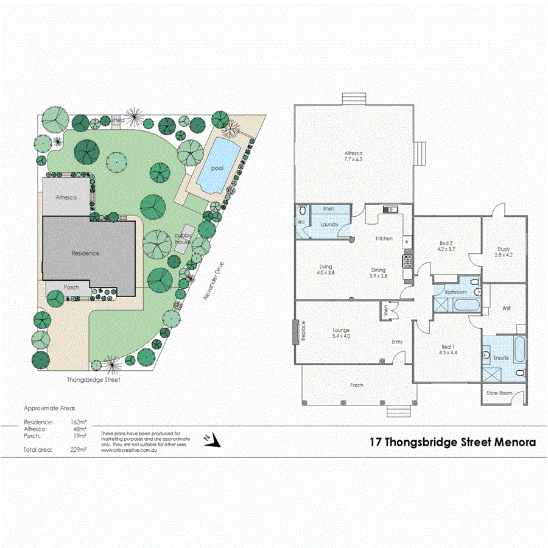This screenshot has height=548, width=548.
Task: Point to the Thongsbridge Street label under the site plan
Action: click(93, 379)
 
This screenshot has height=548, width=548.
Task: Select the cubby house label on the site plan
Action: click(183, 239)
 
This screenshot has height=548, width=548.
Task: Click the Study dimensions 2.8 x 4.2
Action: click(504, 255)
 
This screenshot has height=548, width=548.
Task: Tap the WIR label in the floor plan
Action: click(507, 309)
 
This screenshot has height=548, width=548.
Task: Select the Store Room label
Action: click(498, 393)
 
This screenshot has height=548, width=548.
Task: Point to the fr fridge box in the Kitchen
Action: click(406, 242)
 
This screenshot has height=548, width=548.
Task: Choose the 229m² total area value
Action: click(78, 450)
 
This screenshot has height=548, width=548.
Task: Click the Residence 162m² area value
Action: click(78, 421)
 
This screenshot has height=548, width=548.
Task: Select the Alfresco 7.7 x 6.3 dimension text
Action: click(354, 159)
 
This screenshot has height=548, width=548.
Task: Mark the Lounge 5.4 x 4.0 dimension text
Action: click(340, 335)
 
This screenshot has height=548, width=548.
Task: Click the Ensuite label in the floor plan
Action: click(501, 358)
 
